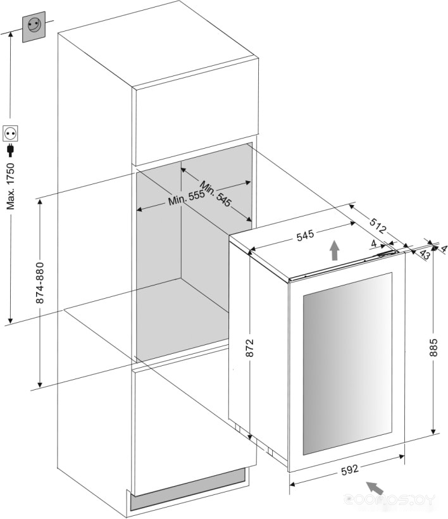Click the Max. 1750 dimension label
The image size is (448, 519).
coord(11,186)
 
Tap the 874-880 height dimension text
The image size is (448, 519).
coord(40,283)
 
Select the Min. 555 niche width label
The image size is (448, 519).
coord(187,197)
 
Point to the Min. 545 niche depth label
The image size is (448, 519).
coord(215,194)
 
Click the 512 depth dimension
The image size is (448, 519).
coord(378,226)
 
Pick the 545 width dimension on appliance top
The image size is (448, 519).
coord(305,235)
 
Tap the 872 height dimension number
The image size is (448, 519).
coord(249,347)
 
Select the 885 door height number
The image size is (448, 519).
coord(433,347)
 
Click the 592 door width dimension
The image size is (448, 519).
coord(350,470)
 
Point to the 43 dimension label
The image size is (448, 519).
coord(425,254)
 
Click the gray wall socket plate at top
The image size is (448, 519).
coord(34,27)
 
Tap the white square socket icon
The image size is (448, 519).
coord(10,134)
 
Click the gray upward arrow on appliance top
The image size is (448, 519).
coord(335,250)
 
